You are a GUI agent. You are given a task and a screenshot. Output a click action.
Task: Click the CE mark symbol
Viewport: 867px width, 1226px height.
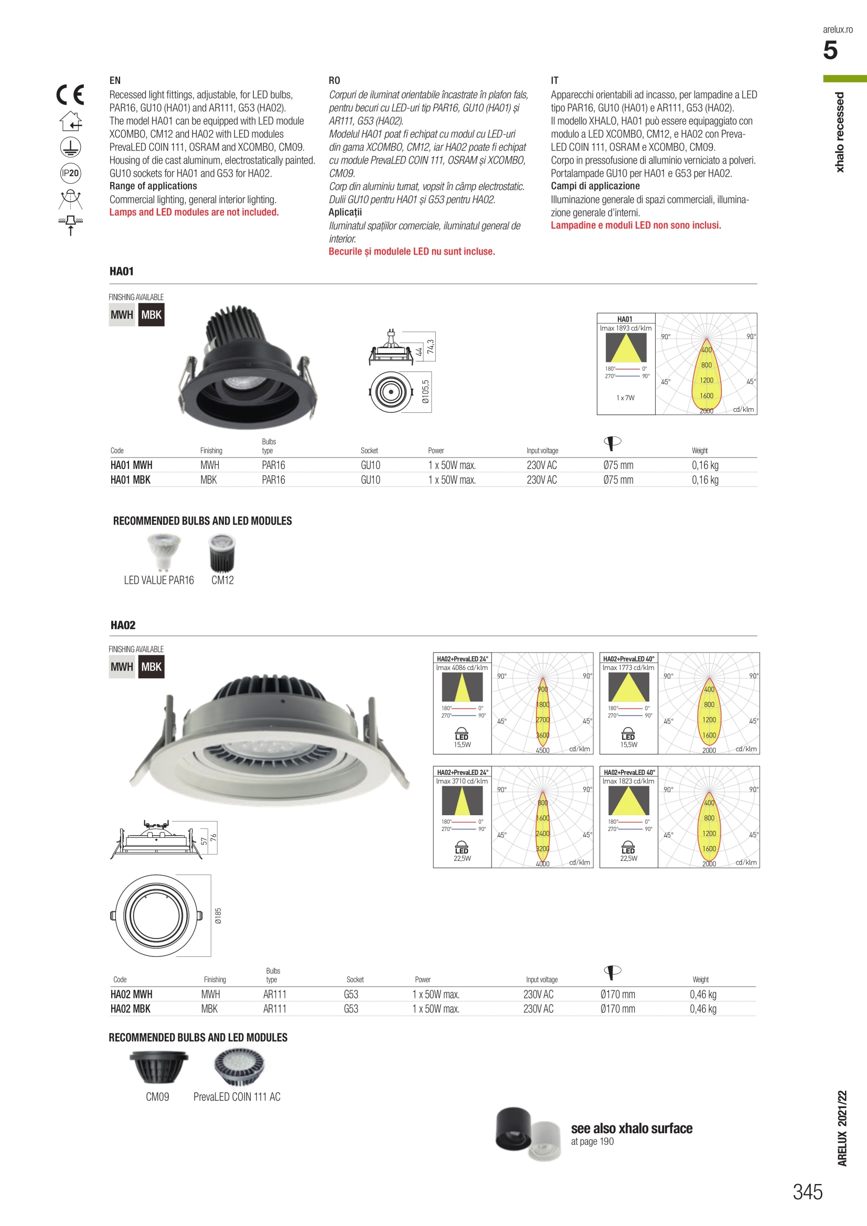point(70,95)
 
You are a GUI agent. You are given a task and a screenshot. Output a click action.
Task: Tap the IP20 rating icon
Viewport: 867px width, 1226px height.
point(70,173)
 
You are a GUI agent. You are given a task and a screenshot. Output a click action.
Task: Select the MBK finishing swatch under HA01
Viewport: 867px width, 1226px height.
point(151,315)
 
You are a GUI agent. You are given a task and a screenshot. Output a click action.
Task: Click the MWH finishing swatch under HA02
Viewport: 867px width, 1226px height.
point(122,667)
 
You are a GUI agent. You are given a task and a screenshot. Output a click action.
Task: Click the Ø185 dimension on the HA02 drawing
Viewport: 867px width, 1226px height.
point(218,915)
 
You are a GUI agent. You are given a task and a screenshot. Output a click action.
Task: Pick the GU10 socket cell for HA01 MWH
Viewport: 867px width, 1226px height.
point(370,465)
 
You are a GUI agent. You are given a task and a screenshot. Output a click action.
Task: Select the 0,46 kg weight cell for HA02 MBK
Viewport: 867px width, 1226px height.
point(703,1009)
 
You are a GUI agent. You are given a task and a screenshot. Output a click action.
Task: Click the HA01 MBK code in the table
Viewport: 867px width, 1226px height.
point(130,479)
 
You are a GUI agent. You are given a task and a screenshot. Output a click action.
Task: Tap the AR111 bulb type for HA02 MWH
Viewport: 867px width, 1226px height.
point(274,994)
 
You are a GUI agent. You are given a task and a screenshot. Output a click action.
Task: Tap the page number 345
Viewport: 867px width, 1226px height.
point(807,1191)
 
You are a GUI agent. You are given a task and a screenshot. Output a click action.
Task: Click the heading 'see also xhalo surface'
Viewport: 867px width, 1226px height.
point(631,1128)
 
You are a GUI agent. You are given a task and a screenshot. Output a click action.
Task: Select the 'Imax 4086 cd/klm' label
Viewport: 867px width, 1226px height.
point(462,667)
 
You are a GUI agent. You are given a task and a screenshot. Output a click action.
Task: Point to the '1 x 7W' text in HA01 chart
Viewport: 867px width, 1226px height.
point(625,398)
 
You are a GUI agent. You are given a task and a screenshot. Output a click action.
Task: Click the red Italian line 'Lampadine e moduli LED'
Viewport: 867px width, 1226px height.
point(635,226)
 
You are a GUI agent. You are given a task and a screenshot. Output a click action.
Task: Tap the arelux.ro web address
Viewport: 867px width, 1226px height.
point(837,29)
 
